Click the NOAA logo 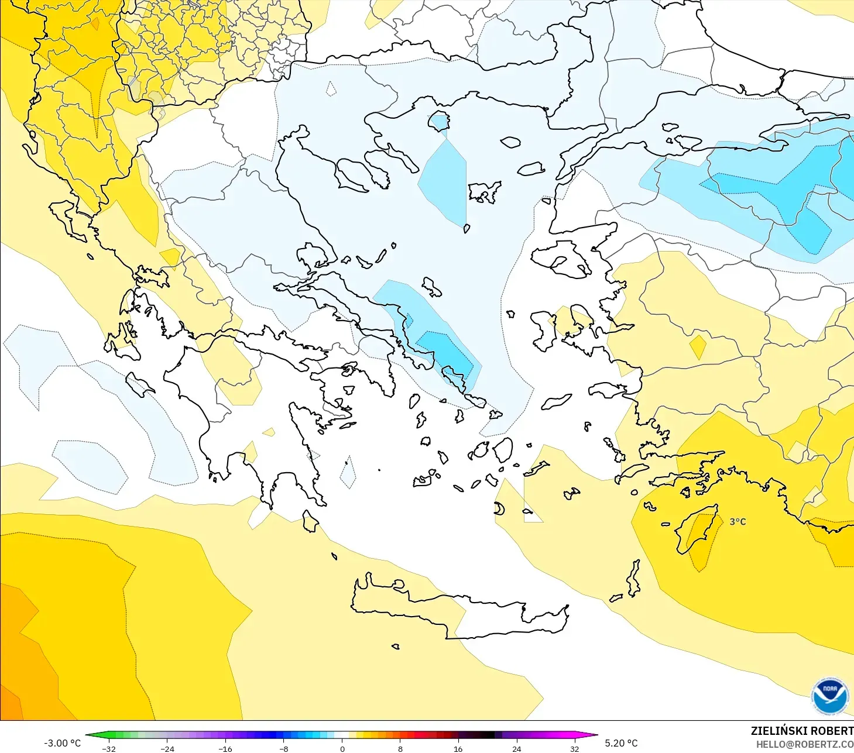pyautogui.click(x=829, y=696)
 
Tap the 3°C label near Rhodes pyautogui.click(x=738, y=521)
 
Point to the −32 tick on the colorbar pyautogui.click(x=109, y=748)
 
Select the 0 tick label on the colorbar pyautogui.click(x=342, y=748)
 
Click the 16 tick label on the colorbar pyautogui.click(x=458, y=748)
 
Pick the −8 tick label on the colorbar pyautogui.click(x=283, y=748)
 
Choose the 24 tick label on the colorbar pyautogui.click(x=516, y=748)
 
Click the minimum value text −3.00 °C pyautogui.click(x=63, y=743)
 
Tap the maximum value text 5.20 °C pyautogui.click(x=621, y=743)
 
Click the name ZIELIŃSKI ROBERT pyautogui.click(x=802, y=731)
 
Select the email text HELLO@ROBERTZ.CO pyautogui.click(x=804, y=744)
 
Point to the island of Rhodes pyautogui.click(x=697, y=529)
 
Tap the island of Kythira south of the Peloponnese pyautogui.click(x=310, y=521)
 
